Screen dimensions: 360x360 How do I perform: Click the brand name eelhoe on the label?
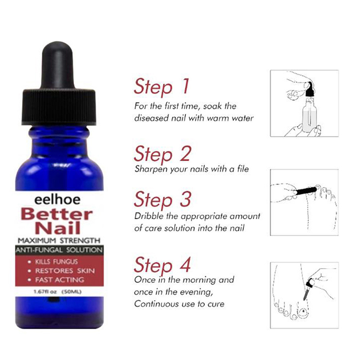tap(58, 199)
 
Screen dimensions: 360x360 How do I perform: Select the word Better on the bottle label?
tap(57, 214)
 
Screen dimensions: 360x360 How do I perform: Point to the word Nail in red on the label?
tap(58, 228)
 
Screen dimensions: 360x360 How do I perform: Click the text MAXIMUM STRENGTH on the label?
tap(59, 241)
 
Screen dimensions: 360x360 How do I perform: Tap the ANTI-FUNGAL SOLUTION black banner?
tap(59, 250)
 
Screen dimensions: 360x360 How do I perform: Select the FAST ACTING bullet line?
tap(57, 280)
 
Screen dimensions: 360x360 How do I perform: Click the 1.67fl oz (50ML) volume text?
tap(58, 292)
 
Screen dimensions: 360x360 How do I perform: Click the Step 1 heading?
tap(162, 86)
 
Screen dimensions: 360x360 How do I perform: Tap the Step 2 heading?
tap(162, 154)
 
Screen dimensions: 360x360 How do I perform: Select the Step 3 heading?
tap(162, 199)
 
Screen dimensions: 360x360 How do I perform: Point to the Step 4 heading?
tap(162, 265)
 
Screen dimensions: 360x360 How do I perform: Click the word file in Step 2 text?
tap(243, 169)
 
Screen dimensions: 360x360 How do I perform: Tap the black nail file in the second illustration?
tap(306, 191)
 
